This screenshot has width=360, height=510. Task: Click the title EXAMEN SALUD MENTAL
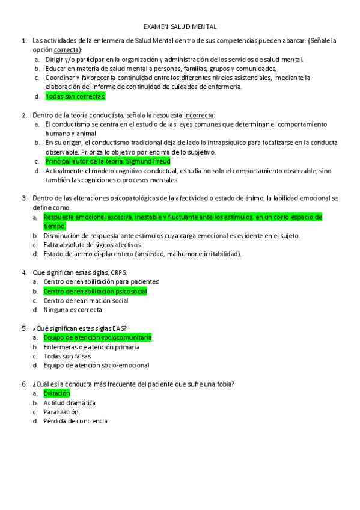[180, 27]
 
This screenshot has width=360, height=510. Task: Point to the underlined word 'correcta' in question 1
[67, 50]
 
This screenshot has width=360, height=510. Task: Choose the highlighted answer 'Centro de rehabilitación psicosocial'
[95, 291]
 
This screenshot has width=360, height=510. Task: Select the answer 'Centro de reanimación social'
[86, 300]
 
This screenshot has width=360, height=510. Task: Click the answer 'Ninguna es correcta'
[73, 310]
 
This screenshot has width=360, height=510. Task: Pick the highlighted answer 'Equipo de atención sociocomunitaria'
[97, 337]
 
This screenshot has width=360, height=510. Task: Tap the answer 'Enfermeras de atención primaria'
[91, 347]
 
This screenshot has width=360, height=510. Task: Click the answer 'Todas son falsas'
[67, 356]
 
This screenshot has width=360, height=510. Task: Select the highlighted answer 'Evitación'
[57, 393]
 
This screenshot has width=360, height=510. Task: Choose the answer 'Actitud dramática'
[69, 402]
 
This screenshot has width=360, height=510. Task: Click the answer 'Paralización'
[61, 412]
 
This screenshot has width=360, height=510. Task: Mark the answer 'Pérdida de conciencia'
[75, 421]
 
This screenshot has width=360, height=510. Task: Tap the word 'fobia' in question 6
[224, 384]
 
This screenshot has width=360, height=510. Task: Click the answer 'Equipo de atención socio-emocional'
[96, 365]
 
